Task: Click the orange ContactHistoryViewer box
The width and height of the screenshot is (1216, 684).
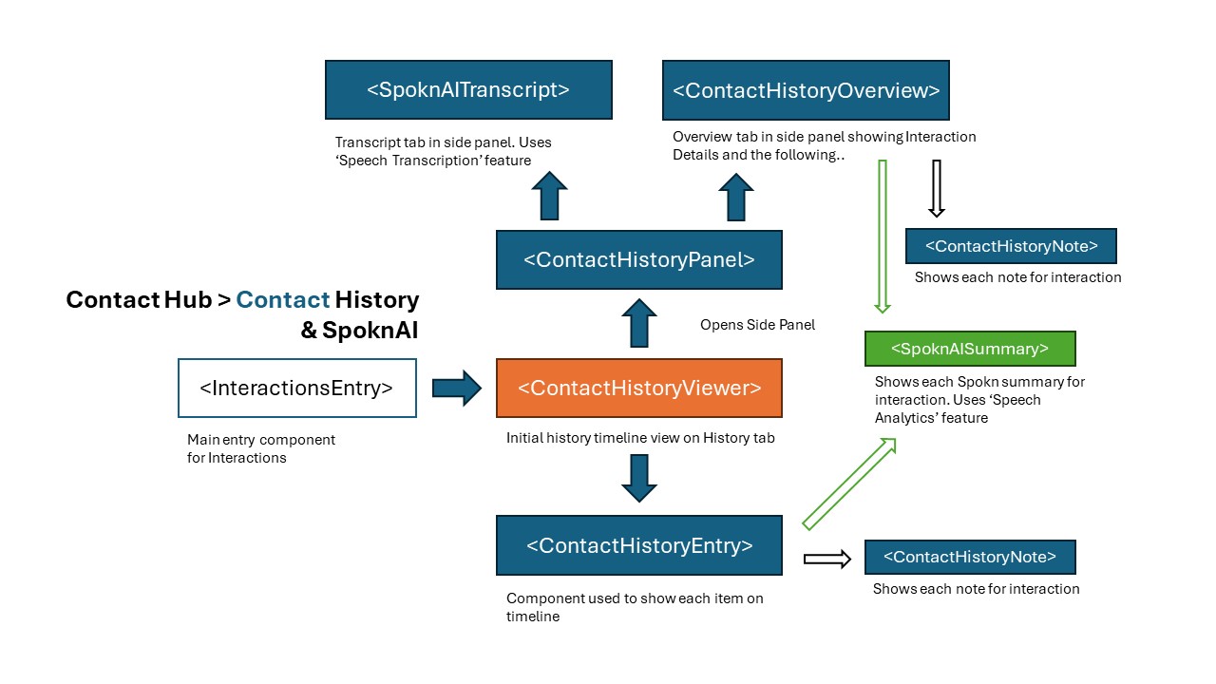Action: click(638, 388)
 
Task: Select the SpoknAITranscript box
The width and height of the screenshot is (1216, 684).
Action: click(468, 90)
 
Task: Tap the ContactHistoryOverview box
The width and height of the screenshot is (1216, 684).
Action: click(806, 90)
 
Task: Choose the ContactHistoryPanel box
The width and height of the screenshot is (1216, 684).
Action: click(638, 259)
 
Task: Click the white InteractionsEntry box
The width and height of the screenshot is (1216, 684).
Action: click(296, 388)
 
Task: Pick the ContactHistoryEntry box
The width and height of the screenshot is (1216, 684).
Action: click(638, 545)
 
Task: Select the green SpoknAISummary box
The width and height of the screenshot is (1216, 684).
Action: click(969, 349)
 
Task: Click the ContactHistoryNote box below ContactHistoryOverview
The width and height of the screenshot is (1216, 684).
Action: click(1011, 246)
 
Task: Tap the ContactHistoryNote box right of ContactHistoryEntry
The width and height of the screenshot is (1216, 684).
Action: click(970, 557)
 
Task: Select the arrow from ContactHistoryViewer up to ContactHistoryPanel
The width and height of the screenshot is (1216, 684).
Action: click(638, 323)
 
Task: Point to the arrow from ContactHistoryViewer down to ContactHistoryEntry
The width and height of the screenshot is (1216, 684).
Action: click(638, 478)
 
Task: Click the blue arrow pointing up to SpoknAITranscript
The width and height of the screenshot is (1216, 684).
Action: click(549, 196)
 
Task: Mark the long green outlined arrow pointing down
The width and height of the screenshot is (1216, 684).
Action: click(883, 236)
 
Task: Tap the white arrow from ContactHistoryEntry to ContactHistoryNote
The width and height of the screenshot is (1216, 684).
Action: click(826, 560)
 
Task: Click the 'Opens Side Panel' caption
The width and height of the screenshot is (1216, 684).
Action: click(757, 325)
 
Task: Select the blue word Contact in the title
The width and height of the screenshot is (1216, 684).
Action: click(282, 300)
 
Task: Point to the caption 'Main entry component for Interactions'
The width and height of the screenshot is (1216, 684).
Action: click(261, 448)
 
